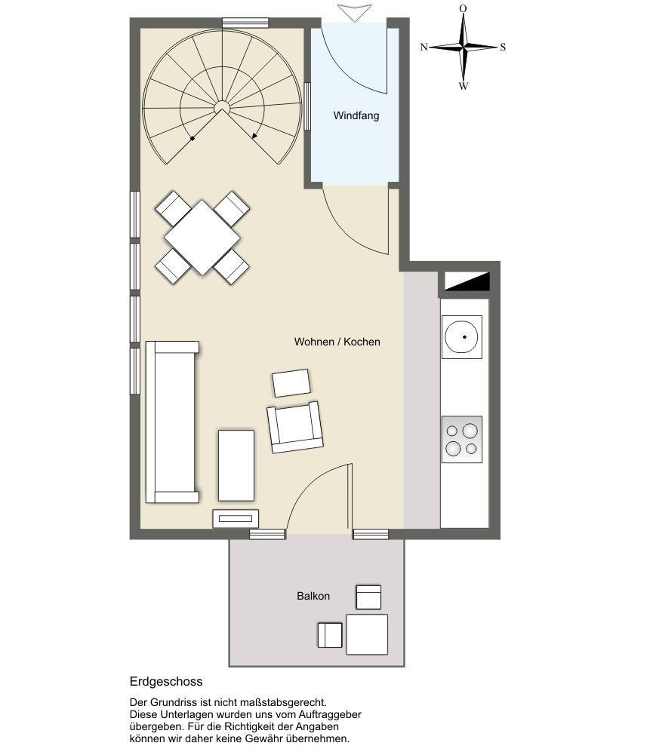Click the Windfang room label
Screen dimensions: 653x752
356,115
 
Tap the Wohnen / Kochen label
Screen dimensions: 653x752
337,342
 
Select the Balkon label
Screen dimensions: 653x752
313,596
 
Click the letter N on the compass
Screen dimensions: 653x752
424,47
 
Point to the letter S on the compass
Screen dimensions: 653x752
503,47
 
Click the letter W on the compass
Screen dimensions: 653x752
464,86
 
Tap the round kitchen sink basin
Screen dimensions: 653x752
461,336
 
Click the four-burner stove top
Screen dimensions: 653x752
462,439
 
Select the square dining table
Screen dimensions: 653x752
202,238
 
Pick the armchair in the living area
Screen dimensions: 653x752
295,427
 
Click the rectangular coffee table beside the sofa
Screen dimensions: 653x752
236,465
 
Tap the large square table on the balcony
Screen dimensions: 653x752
367,634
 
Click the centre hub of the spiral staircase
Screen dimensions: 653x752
222,106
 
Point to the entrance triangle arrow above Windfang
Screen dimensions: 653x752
354,13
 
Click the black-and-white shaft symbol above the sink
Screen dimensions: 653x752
467,281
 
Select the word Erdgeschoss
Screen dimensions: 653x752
166,682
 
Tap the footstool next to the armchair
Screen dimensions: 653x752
291,382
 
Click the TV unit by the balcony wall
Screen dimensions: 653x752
236,518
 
